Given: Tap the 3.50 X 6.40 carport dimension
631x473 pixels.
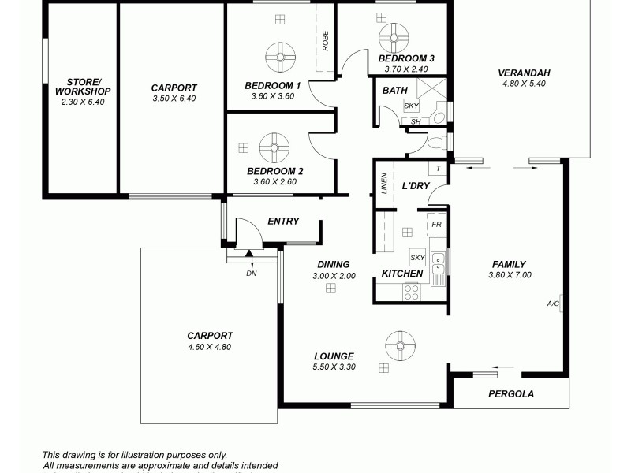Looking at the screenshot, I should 174,99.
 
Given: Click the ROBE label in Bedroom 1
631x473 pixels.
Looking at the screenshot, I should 324,40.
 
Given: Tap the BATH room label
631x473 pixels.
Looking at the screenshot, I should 394,91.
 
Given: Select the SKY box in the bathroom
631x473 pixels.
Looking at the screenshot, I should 411,106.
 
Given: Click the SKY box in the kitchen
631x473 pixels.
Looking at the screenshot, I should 417,257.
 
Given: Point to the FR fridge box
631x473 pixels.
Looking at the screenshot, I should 436,225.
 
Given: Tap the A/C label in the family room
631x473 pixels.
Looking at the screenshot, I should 553,304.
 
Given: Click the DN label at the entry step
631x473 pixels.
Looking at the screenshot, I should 252,274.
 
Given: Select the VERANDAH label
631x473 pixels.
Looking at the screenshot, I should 524,73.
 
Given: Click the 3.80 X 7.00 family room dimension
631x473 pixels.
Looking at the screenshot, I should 510,275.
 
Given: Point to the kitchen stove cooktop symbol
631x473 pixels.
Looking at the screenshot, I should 412,292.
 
